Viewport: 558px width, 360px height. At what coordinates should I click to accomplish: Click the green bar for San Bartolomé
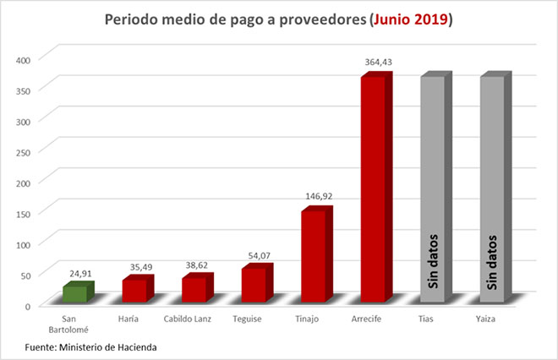point(74,292)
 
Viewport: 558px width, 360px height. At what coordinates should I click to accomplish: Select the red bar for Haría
point(134,290)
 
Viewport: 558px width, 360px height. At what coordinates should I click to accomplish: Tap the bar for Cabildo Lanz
point(194,289)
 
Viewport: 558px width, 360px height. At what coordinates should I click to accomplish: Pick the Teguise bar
point(254,284)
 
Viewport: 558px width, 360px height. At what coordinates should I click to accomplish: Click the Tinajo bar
point(313,255)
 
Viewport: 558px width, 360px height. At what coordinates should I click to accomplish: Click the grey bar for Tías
point(432,189)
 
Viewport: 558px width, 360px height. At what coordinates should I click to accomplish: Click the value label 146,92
point(317,195)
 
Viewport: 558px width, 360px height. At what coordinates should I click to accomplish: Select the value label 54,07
point(257,254)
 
